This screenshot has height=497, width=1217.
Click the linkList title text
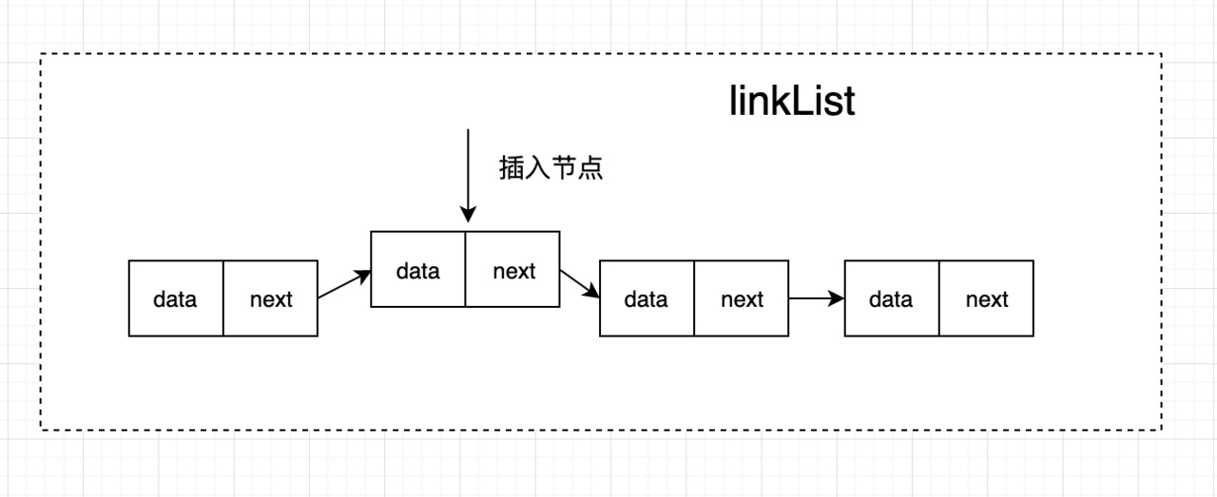click(x=792, y=101)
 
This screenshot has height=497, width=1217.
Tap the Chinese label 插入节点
click(x=551, y=167)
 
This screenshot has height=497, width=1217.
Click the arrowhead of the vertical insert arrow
click(x=468, y=215)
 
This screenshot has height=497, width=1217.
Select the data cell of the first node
click(x=176, y=298)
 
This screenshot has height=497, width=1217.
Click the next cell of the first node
click(x=271, y=298)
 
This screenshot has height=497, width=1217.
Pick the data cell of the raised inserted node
click(x=417, y=270)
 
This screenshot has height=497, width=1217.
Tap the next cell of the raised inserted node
click(x=512, y=270)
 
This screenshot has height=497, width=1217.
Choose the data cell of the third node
click(x=647, y=298)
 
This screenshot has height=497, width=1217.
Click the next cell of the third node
click(x=742, y=298)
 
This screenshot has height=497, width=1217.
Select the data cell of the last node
click(x=892, y=298)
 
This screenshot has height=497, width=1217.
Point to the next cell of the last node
click(x=987, y=298)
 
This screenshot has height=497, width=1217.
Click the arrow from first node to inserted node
click(x=344, y=284)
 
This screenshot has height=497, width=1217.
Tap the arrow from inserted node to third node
click(x=580, y=283)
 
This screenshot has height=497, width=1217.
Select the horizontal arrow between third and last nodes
click(x=817, y=298)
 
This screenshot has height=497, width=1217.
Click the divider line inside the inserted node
click(x=466, y=270)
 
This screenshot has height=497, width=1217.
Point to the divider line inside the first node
click(x=223, y=298)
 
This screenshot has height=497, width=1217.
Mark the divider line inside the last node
click(x=939, y=298)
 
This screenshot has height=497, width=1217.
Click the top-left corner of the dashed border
click(x=41, y=54)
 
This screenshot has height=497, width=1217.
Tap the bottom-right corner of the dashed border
click(x=1162, y=430)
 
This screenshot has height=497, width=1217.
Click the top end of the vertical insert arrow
click(x=468, y=129)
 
